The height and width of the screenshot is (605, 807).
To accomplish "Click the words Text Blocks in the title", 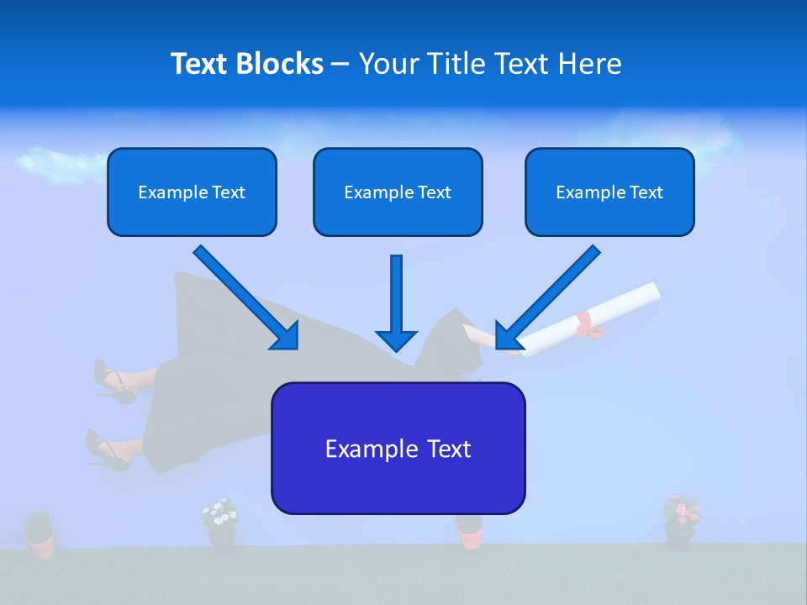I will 246,64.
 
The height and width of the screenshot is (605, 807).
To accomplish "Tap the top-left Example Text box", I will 192,192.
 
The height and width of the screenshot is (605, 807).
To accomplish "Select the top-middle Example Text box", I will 398,192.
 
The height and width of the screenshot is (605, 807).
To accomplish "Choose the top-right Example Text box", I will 609,192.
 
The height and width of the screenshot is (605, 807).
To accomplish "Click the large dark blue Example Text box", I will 398,448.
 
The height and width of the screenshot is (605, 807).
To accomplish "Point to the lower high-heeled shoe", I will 105,450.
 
